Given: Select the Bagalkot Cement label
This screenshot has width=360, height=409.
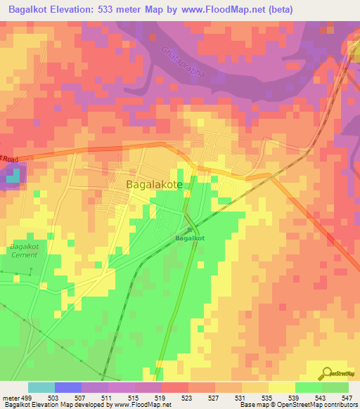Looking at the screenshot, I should tap(24, 251).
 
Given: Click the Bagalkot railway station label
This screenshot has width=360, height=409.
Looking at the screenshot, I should tap(189, 238).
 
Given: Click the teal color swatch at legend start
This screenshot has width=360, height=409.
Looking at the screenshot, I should tap(41, 388).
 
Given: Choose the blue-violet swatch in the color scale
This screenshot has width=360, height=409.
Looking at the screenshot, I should tap(67, 388).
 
